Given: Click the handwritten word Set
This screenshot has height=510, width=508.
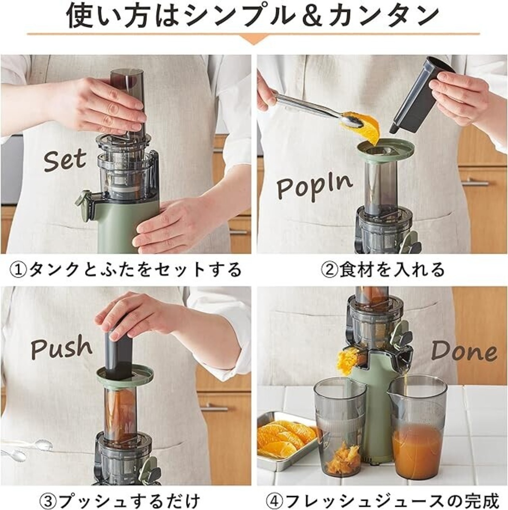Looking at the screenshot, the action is pos(65,160).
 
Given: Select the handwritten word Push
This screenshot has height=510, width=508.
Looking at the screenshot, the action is pos(62,346).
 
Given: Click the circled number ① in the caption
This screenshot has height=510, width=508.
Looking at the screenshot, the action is pos(19,270).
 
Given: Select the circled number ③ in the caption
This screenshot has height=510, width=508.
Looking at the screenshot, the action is pos(48,494).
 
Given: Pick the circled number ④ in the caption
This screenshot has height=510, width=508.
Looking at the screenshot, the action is pos(275,494).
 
